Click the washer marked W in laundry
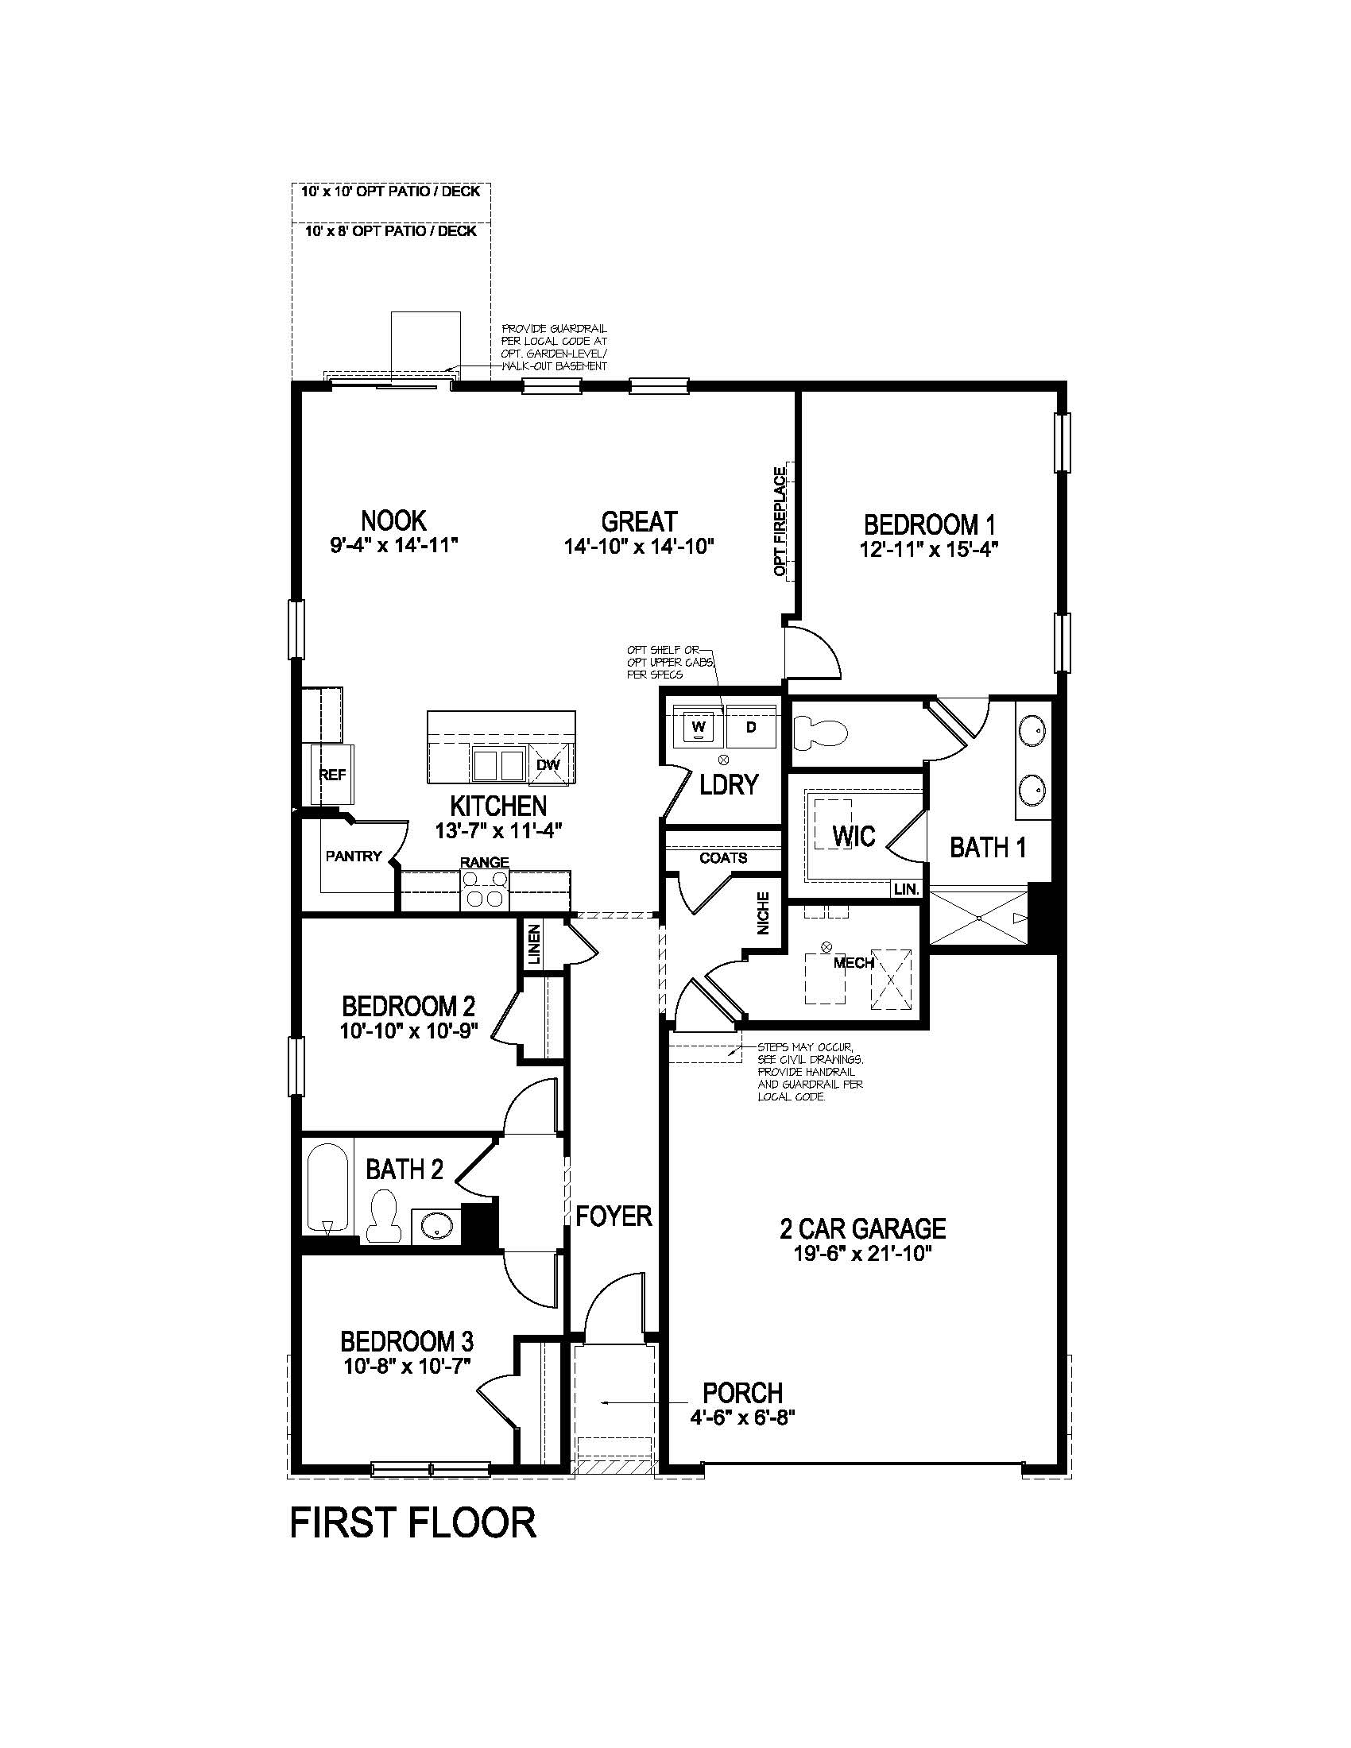pos(698,727)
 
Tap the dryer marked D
pos(751,727)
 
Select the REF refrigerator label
pos(332,774)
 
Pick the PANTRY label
pos(354,856)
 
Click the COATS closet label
pos(723,858)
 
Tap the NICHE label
pos(763,913)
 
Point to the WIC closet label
pos(854,836)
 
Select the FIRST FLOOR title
pos(413,1522)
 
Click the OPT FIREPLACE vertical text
pos(780,522)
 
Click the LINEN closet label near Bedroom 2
pos(534,945)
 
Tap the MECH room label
pos(854,963)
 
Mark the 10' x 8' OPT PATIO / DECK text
pos(390,231)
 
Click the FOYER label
pos(614,1216)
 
